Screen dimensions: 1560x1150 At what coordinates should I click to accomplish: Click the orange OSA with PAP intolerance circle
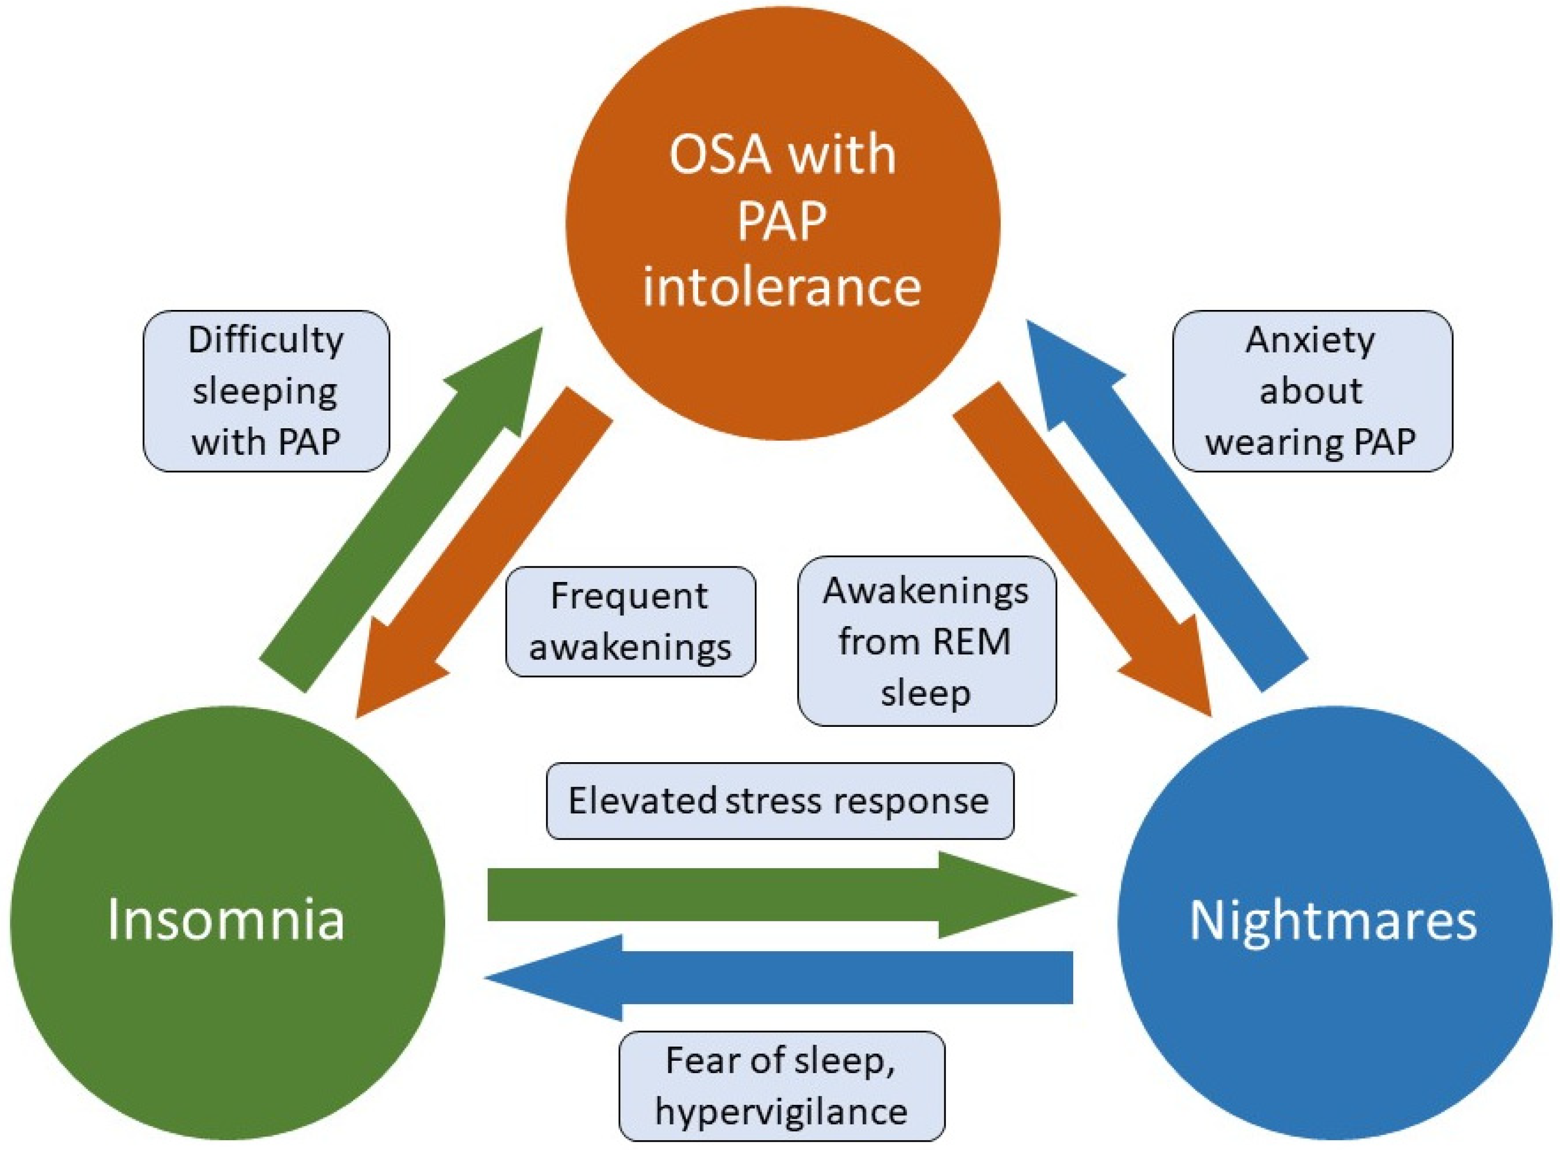(783, 223)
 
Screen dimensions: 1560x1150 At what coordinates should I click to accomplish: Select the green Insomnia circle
(227, 923)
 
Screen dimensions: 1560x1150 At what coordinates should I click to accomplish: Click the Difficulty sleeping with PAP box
(266, 391)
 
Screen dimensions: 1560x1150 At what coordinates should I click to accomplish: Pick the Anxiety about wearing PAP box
(1312, 391)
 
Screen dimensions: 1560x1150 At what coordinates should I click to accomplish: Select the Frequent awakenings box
(630, 621)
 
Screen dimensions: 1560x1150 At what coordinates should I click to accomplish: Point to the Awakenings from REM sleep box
(926, 641)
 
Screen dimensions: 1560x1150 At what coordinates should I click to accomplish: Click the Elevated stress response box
(780, 801)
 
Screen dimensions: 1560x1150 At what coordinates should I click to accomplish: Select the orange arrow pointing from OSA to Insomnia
(485, 552)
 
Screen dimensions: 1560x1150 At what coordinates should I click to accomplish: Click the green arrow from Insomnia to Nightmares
(782, 895)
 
